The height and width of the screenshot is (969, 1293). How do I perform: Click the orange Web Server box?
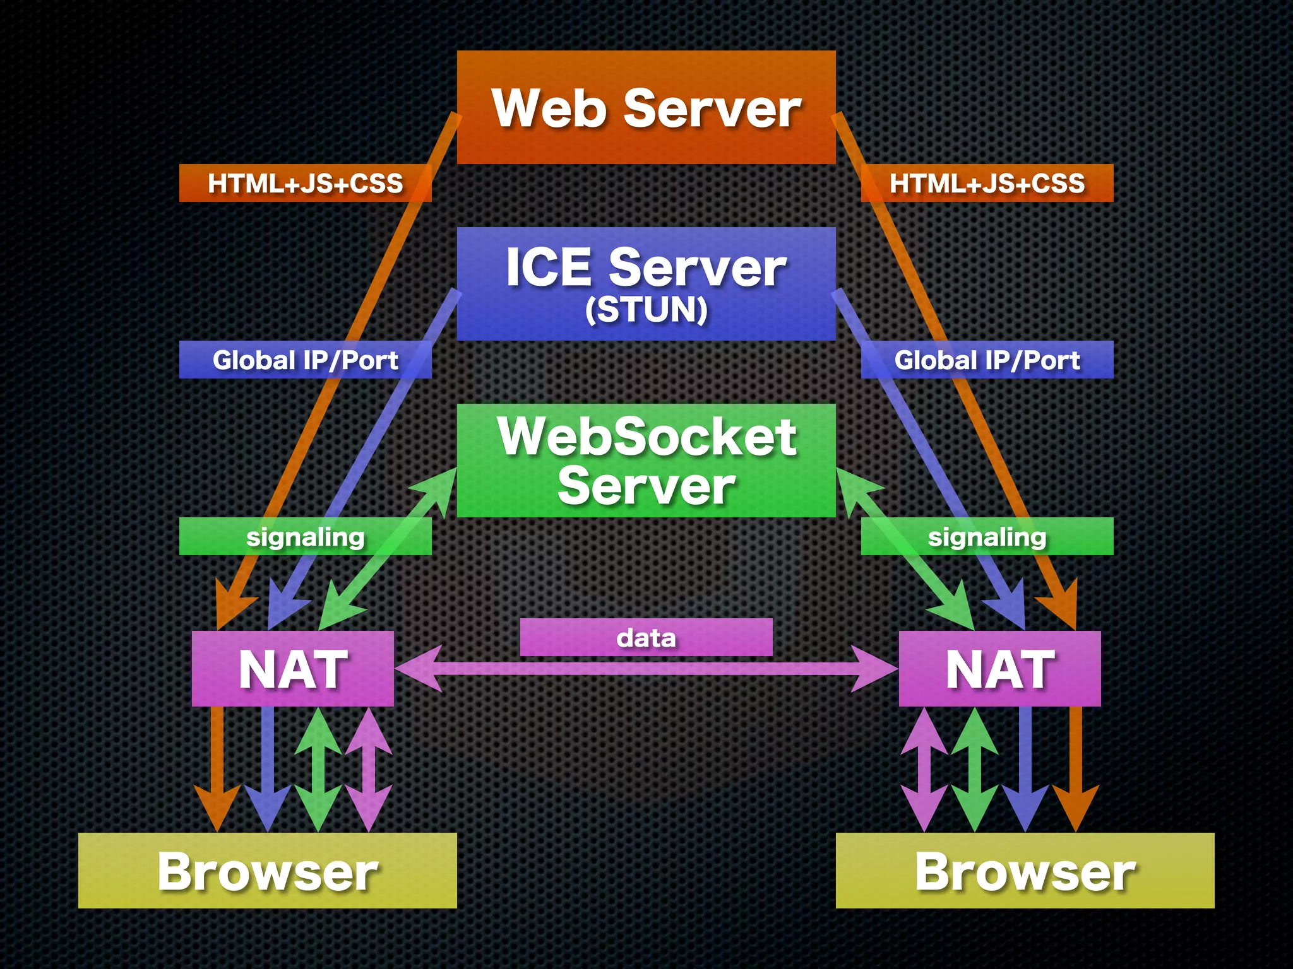(646, 107)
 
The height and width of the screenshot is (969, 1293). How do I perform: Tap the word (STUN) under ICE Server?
(646, 310)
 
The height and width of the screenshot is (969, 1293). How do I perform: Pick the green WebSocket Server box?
(646, 461)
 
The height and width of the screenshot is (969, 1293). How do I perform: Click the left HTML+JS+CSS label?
(305, 184)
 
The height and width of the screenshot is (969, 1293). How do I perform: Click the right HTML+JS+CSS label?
(987, 184)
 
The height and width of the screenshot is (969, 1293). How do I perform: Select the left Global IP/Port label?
(305, 360)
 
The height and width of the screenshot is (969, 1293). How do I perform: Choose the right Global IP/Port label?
(987, 360)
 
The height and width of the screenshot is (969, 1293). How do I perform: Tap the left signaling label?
(305, 537)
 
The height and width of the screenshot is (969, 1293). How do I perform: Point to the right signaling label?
(987, 537)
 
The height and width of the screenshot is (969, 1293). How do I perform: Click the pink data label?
(646, 638)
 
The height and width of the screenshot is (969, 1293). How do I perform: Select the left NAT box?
(292, 669)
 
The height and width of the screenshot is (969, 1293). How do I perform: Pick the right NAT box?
(999, 669)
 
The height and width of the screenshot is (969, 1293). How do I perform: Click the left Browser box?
(267, 871)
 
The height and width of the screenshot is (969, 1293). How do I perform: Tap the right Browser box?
(1025, 871)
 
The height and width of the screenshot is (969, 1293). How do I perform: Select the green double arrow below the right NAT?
(974, 770)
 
